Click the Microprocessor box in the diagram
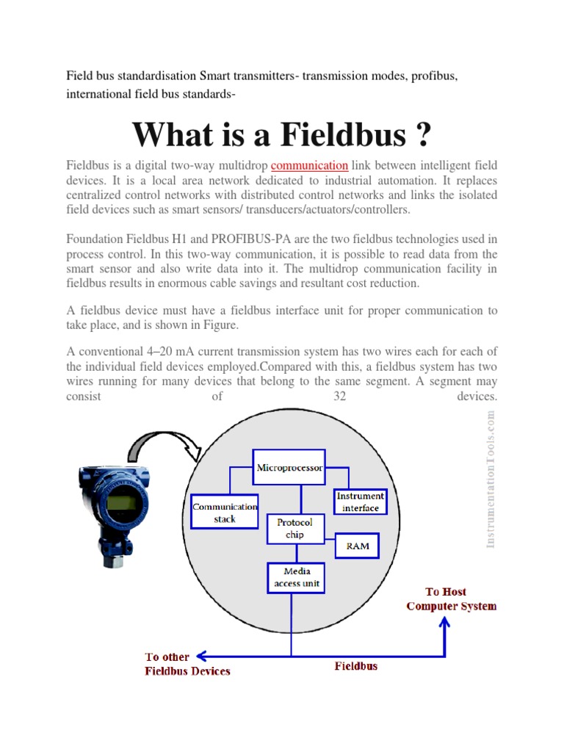click(289, 467)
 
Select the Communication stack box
click(225, 513)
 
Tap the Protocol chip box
click(294, 529)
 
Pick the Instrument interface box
click(360, 502)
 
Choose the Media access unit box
click(292, 577)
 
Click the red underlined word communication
click(309, 166)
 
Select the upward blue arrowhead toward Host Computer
click(444, 622)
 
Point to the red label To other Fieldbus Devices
click(188, 664)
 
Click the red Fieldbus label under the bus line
click(356, 666)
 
